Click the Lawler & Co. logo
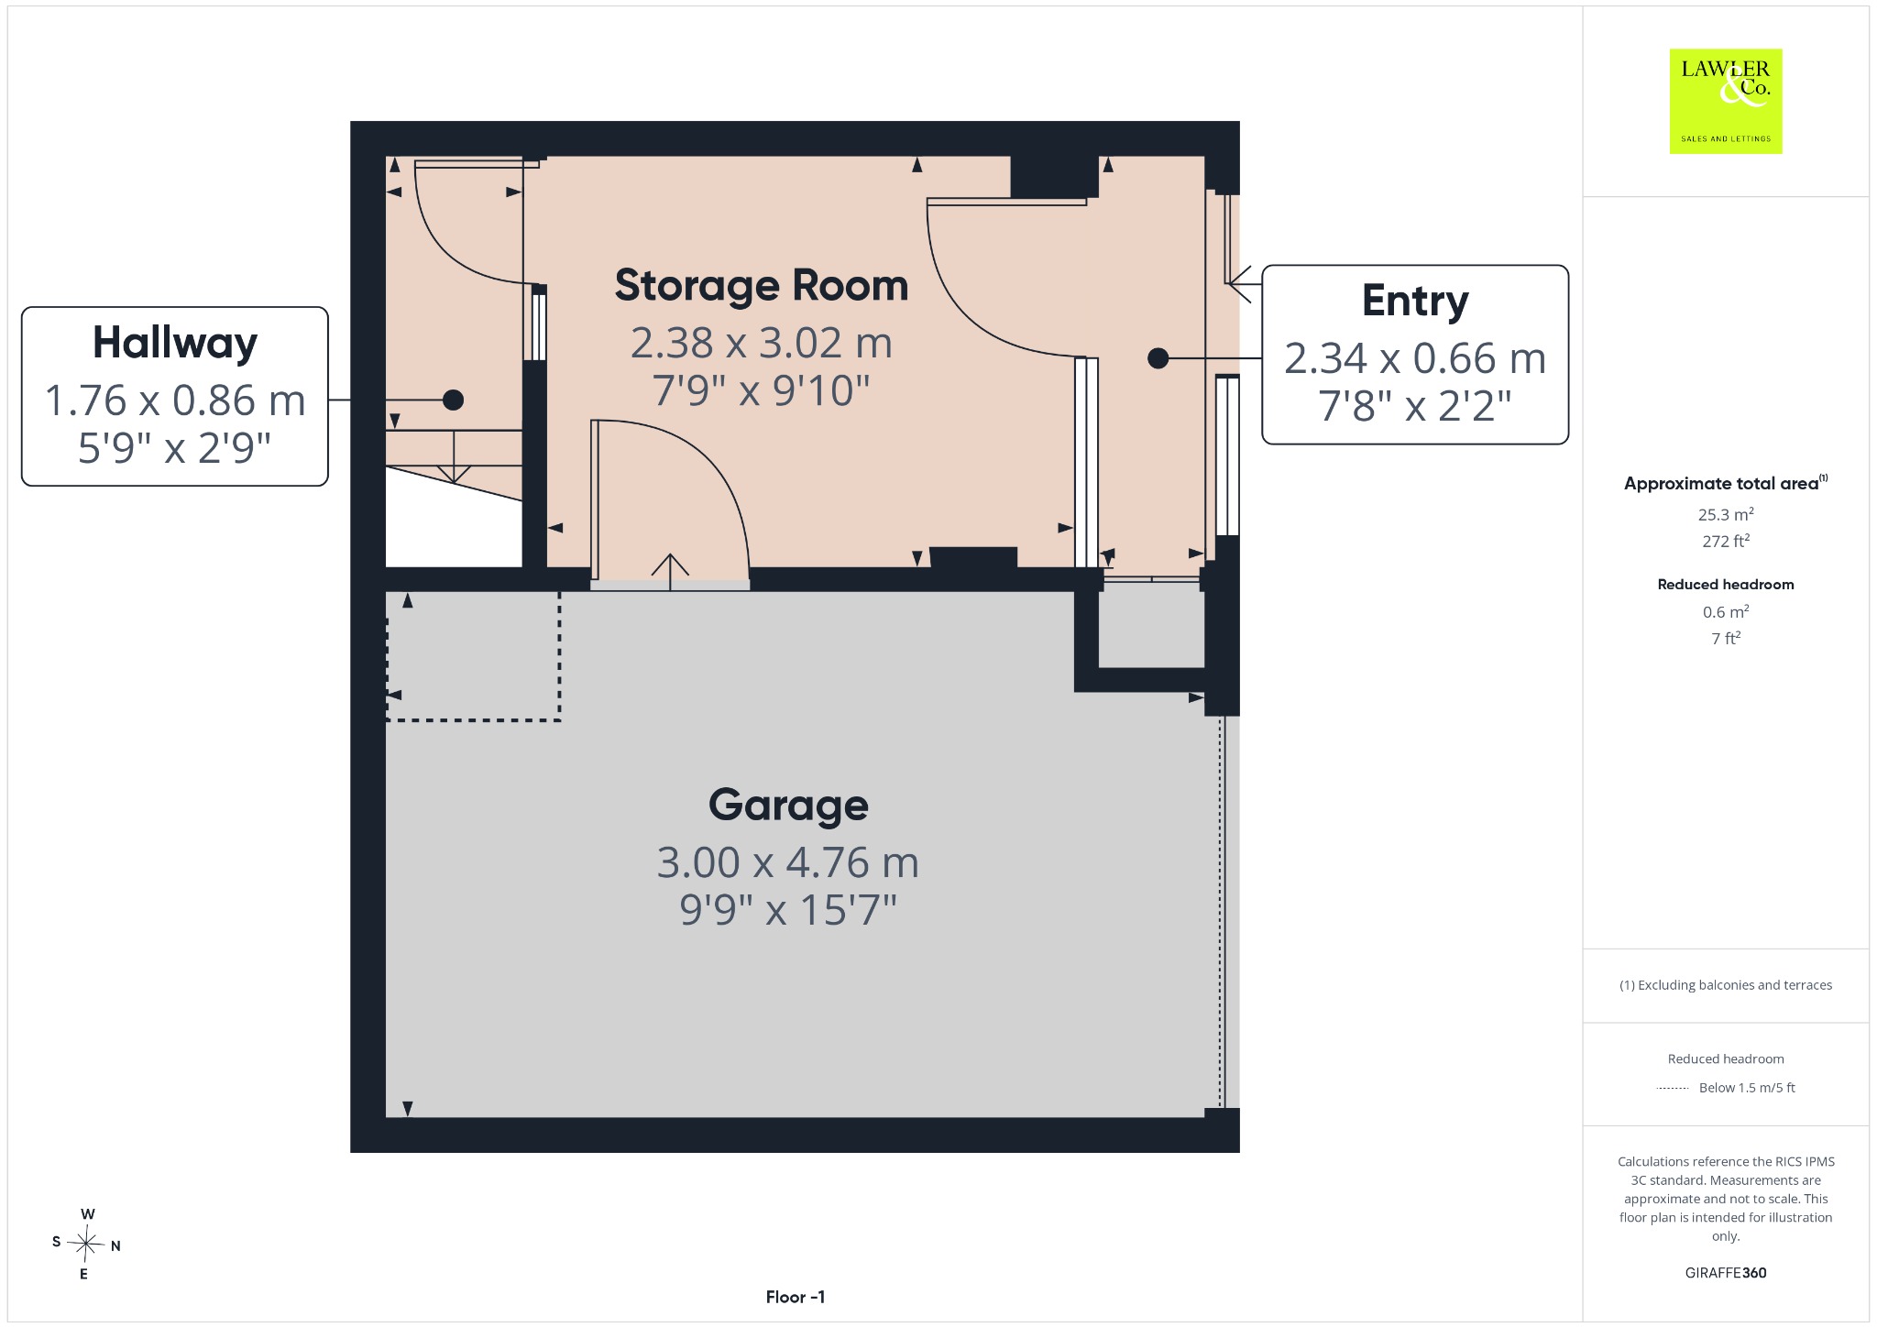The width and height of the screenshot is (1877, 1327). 1726,101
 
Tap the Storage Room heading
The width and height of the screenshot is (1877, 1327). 761,285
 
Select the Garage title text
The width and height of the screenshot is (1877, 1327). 788,806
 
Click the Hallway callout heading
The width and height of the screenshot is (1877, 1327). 175,344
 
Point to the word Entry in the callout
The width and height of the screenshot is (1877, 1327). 1415,301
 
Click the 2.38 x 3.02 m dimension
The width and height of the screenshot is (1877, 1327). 761,343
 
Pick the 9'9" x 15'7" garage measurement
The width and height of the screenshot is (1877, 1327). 787,910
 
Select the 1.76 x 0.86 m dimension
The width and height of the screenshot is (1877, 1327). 175,400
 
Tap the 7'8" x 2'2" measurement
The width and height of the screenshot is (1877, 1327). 1415,405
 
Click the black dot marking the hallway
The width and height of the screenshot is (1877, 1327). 453,400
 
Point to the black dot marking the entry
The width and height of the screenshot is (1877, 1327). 1158,358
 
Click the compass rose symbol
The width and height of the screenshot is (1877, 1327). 87,1244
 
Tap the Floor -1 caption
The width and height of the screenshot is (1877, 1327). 796,1297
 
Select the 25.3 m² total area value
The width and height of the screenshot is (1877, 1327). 1726,514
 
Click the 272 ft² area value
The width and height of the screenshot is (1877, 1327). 1726,541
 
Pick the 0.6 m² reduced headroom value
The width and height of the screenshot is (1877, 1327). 1726,611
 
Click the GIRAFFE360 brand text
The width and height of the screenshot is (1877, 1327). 1726,1272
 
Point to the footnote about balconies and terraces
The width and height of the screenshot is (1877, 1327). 1726,985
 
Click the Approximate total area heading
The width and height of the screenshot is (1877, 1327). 1726,483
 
